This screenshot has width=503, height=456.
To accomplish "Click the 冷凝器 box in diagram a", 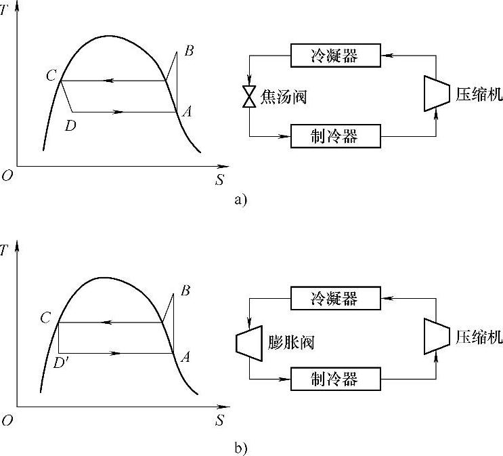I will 334,56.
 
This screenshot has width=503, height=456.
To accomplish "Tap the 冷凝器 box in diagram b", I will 334,297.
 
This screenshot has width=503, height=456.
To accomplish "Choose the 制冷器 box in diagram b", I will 334,377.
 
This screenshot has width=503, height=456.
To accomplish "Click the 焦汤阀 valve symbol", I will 250,97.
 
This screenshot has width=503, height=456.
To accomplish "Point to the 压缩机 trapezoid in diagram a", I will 434,92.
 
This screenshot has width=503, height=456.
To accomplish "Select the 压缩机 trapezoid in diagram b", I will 434,337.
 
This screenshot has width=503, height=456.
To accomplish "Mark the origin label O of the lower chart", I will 7,421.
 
